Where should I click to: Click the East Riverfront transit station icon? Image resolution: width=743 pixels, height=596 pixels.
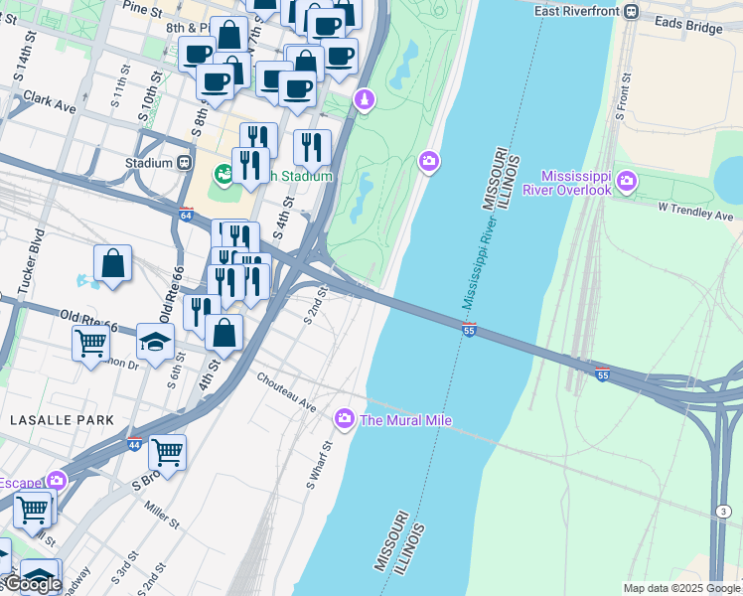coord(630,12)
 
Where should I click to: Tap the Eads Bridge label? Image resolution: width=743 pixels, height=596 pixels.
coord(687,28)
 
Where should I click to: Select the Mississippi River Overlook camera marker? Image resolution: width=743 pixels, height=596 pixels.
coord(627,181)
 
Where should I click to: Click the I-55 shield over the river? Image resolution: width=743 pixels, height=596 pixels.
coord(469,329)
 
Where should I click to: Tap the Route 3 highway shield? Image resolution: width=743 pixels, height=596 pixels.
coord(722,511)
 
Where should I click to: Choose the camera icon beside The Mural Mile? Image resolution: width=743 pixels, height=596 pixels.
coord(345,419)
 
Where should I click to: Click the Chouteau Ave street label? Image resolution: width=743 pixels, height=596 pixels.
coord(286,393)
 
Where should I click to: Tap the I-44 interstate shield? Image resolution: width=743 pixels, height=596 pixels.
coord(134,444)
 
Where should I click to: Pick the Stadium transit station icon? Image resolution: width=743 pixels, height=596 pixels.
coord(184,163)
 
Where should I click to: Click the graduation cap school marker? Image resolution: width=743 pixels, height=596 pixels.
coord(155,341)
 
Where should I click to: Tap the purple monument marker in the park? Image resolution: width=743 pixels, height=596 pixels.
coord(365,100)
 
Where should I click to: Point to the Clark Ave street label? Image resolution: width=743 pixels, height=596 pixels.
coord(50,102)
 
